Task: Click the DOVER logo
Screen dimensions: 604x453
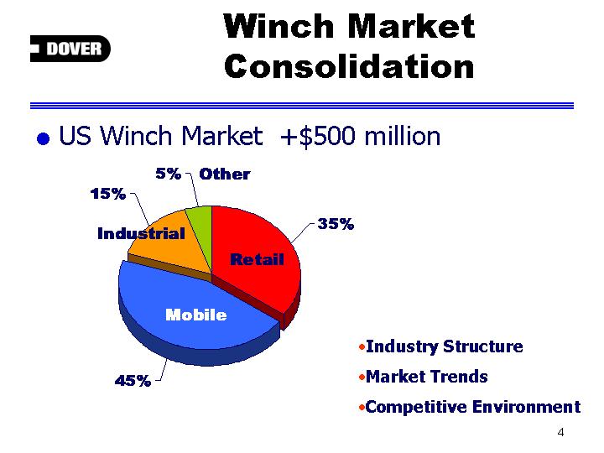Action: (70, 49)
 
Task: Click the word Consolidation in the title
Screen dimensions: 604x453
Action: (349, 66)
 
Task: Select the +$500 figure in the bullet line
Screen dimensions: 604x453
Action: (318, 137)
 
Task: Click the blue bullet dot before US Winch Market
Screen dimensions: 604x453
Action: (43, 138)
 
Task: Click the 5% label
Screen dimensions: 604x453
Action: (169, 174)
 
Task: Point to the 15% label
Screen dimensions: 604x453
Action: (108, 194)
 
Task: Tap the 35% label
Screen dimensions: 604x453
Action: (336, 223)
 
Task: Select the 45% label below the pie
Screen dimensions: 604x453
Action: (133, 381)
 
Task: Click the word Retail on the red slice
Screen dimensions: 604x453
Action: (257, 259)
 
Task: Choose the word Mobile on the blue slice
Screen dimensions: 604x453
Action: (196, 315)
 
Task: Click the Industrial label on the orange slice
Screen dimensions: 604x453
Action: (142, 233)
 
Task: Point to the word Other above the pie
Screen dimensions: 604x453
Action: (225, 174)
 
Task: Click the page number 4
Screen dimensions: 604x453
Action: (561, 432)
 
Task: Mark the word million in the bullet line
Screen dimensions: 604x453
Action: (403, 136)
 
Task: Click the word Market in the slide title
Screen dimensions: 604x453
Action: (411, 26)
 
